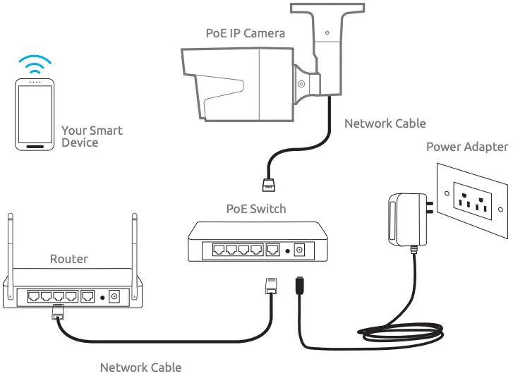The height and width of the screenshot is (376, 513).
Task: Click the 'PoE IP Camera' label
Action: pyautogui.click(x=245, y=33)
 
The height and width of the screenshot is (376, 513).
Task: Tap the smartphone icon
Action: pyautogui.click(x=35, y=114)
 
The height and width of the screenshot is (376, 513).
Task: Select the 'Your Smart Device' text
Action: pyautogui.click(x=92, y=136)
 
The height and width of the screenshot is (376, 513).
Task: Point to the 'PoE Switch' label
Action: pyautogui.click(x=255, y=209)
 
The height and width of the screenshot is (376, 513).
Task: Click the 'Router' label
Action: pyautogui.click(x=68, y=259)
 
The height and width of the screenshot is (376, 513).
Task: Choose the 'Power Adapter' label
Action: pyautogui.click(x=466, y=147)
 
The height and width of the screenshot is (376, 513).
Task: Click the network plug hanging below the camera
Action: pyautogui.click(x=269, y=185)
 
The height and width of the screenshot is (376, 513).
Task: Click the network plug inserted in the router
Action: pyautogui.click(x=56, y=313)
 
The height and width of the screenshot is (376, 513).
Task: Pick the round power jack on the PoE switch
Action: pyautogui.click(x=299, y=249)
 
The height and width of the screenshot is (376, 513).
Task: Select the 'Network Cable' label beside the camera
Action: pyautogui.click(x=385, y=123)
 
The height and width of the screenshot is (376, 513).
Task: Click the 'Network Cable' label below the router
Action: pyautogui.click(x=140, y=368)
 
